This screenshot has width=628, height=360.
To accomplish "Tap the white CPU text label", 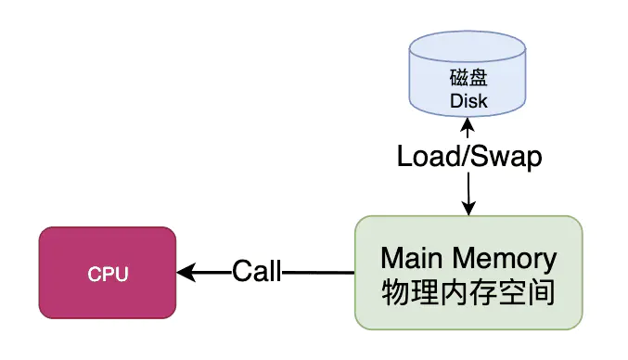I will (108, 275).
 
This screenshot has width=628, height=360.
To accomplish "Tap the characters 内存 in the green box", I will (468, 293).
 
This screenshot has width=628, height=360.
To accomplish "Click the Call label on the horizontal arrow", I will (256, 273).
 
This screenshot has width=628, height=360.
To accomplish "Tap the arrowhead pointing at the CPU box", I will (185, 273).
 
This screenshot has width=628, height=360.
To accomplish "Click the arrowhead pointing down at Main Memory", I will (468, 208).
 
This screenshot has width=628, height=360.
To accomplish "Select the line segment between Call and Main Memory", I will (317, 273).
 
